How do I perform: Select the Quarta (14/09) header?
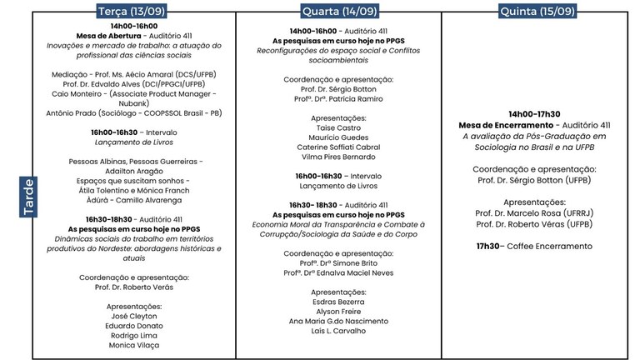click(339, 12)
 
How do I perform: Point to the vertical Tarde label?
click(27, 197)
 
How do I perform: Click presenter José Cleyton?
click(132, 316)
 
